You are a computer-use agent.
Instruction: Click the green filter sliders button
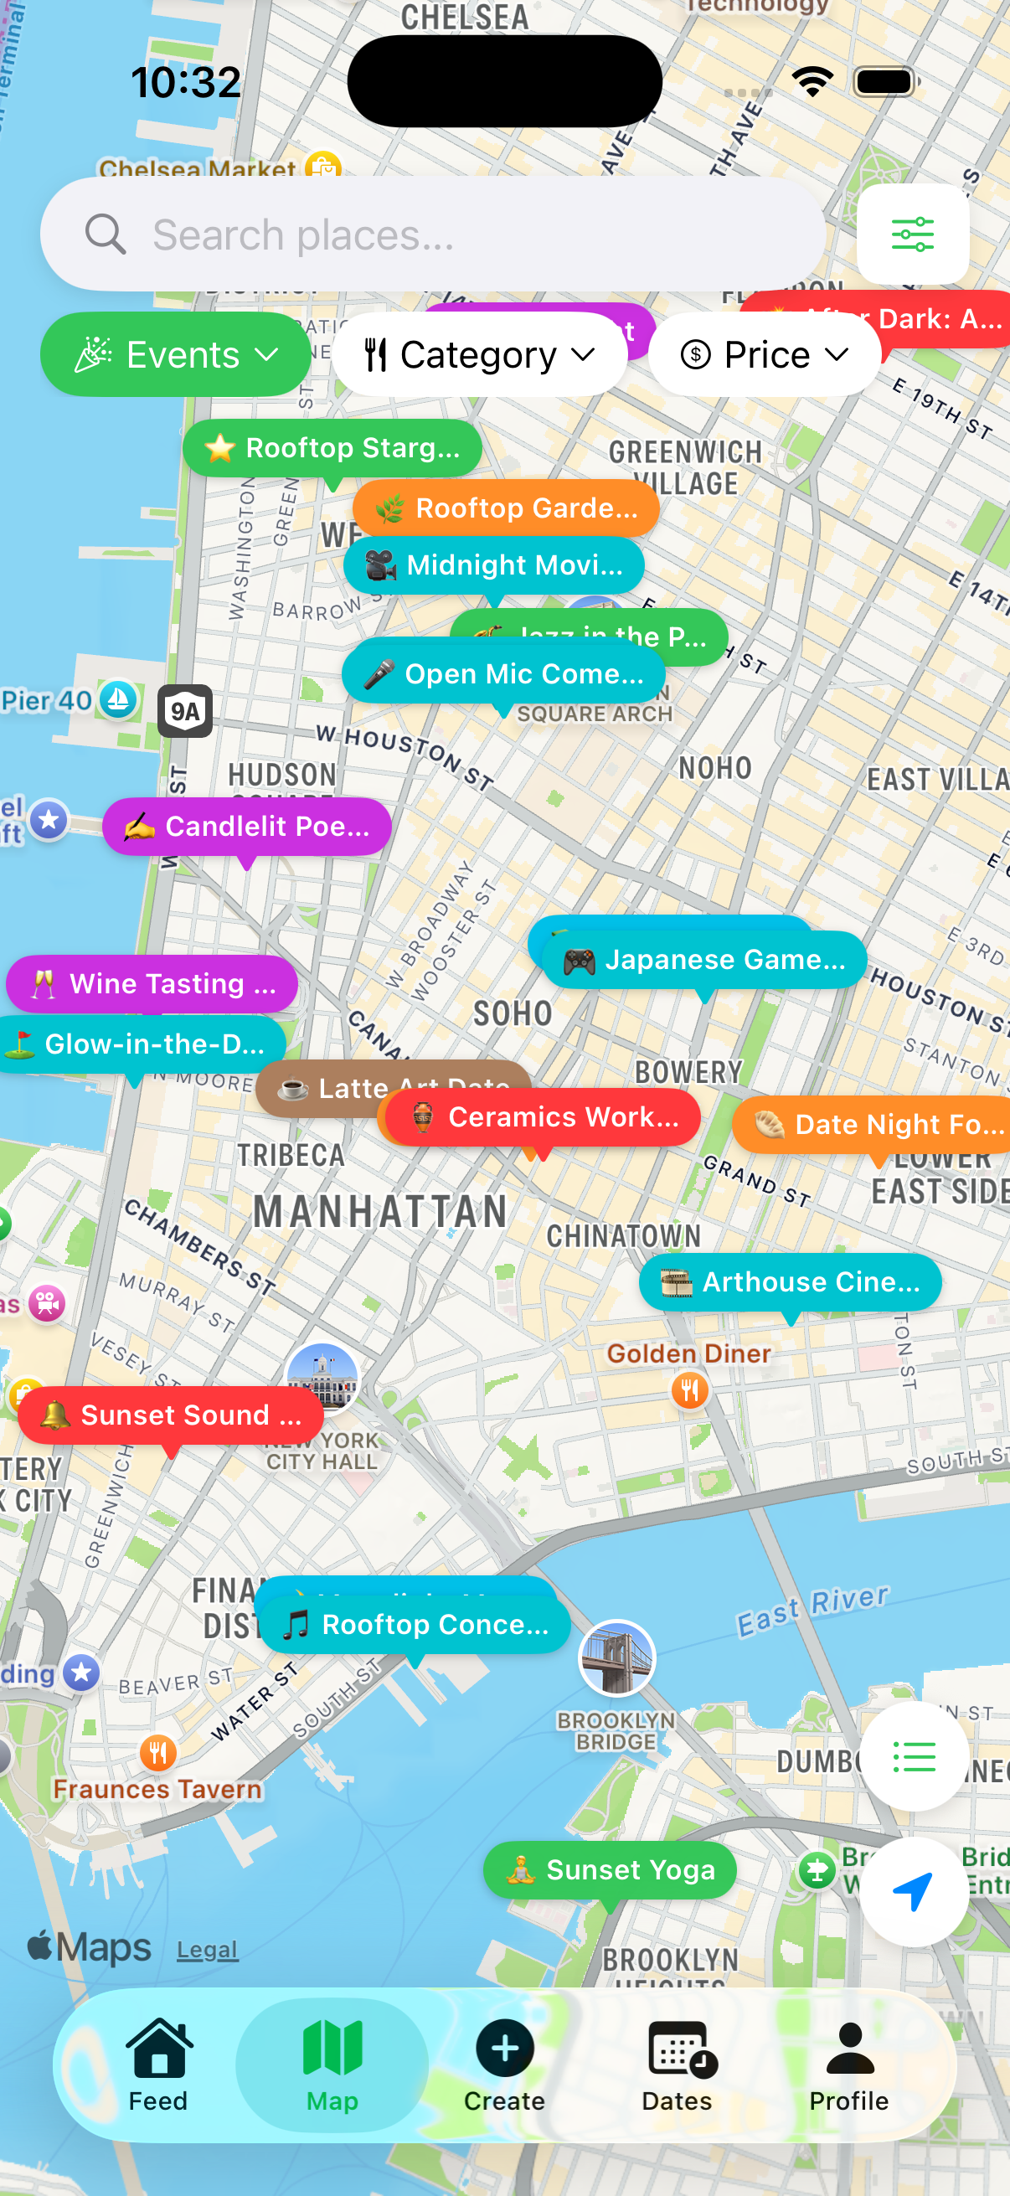pos(912,234)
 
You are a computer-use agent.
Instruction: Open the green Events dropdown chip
pos(176,353)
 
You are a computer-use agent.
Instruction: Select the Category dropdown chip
pos(479,353)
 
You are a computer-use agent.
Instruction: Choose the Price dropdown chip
pos(764,353)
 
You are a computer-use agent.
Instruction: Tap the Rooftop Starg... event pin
pos(332,447)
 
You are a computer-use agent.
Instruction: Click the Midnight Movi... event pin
pos(493,564)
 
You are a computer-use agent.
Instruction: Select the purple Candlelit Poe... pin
pos(246,825)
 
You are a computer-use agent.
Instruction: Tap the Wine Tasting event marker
pos(152,983)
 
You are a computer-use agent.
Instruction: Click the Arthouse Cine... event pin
pos(790,1281)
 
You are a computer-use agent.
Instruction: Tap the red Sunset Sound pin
pos(171,1415)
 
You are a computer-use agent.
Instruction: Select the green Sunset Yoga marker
pos(610,1869)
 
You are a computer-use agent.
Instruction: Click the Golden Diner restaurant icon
pos(689,1390)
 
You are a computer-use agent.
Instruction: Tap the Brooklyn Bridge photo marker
pos(616,1657)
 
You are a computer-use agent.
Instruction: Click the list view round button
pos(913,1757)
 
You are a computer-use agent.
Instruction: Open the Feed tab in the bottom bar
pos(158,2063)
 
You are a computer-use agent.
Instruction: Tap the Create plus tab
pos(504,2063)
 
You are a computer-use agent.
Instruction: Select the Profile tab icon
pos(849,2063)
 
